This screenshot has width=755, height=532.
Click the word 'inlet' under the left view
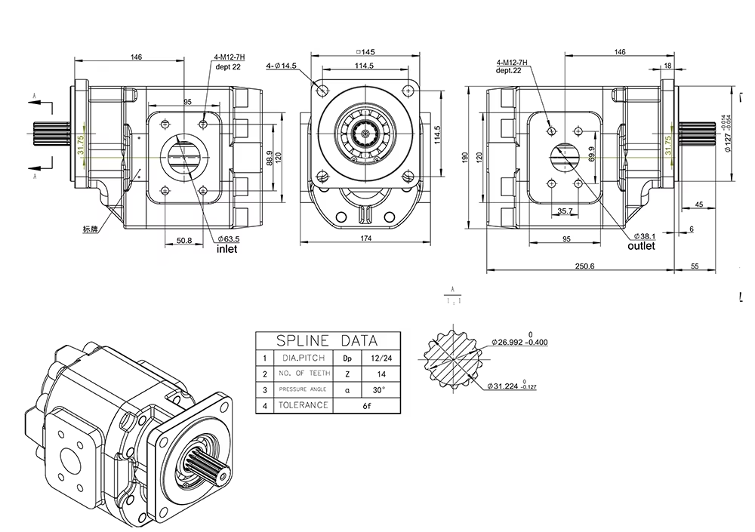coord(227,248)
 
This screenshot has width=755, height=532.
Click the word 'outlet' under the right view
coord(642,245)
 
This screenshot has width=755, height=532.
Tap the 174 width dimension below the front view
coord(366,239)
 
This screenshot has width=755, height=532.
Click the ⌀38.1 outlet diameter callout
coord(645,235)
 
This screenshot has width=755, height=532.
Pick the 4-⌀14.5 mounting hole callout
coord(281,66)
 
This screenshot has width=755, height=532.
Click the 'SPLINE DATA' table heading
coord(326,340)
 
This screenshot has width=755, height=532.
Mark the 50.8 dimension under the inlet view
coord(184,240)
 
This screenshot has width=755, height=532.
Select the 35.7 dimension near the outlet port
coord(564,211)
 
